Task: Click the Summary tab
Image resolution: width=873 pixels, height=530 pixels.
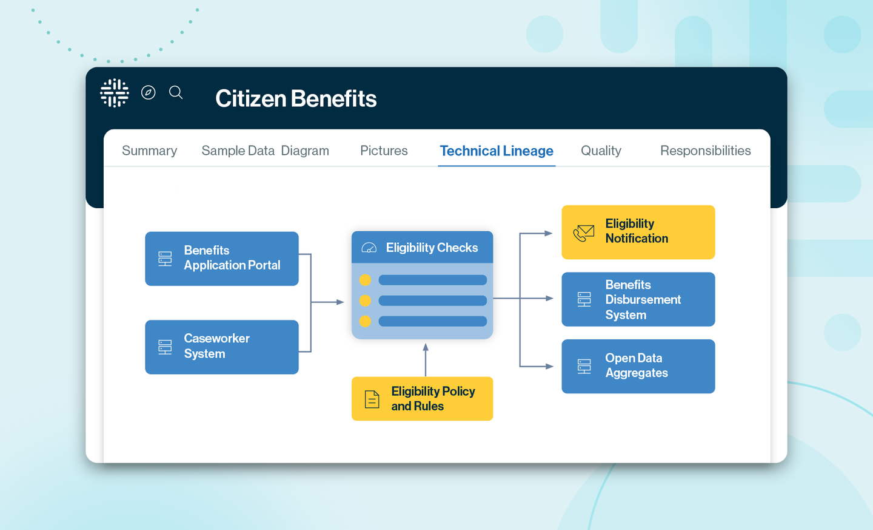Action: pyautogui.click(x=149, y=151)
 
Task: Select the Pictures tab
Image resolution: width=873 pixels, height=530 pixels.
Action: pyautogui.click(x=384, y=151)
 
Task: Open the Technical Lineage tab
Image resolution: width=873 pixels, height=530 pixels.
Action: pyautogui.click(x=496, y=151)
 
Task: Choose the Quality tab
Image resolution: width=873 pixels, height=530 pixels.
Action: pyautogui.click(x=601, y=151)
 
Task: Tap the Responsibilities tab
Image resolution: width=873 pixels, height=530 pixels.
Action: pyautogui.click(x=705, y=151)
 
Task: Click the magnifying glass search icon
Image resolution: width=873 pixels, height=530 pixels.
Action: pyautogui.click(x=176, y=92)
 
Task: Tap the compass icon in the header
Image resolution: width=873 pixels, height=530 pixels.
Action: pyautogui.click(x=149, y=92)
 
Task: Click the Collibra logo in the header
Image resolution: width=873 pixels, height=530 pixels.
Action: pyautogui.click(x=115, y=93)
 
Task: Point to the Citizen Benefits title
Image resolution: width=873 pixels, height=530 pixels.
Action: pyautogui.click(x=296, y=98)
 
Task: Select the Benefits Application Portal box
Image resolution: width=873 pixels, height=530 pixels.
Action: pyautogui.click(x=222, y=259)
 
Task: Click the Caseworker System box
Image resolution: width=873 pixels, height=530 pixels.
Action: pyautogui.click(x=222, y=347)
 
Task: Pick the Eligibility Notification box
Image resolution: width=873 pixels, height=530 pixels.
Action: pyautogui.click(x=638, y=232)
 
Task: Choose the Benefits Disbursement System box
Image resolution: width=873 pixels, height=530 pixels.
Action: pyautogui.click(x=638, y=299)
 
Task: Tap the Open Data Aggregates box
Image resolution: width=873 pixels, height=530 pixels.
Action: pyautogui.click(x=638, y=366)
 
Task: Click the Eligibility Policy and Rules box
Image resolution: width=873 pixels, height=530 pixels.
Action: pyautogui.click(x=422, y=399)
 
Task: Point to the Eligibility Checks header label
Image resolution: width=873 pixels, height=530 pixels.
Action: pyautogui.click(x=432, y=248)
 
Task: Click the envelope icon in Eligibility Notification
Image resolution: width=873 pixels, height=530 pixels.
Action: pyautogui.click(x=584, y=233)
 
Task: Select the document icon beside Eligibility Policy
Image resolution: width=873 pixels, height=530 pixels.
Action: pyautogui.click(x=372, y=399)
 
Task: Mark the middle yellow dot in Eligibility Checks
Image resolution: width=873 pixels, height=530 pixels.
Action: pyautogui.click(x=365, y=301)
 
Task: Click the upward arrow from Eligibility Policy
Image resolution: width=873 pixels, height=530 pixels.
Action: pyautogui.click(x=426, y=358)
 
